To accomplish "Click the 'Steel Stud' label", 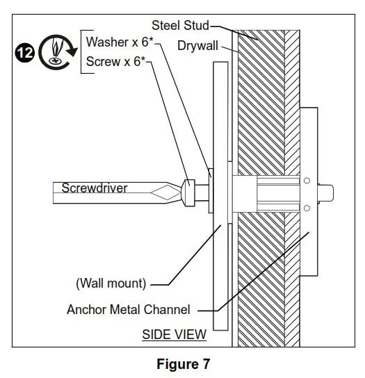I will pyautogui.click(x=180, y=26).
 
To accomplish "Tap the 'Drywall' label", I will pyautogui.click(x=197, y=46).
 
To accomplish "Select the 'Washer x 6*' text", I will pyautogui.click(x=117, y=42).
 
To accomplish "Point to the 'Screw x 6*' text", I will pyautogui.click(x=115, y=62).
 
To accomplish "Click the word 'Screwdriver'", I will pyautogui.click(x=94, y=188).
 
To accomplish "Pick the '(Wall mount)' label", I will pyautogui.click(x=111, y=283).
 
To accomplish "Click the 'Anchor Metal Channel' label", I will pyautogui.click(x=128, y=309).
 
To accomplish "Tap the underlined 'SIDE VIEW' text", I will pyautogui.click(x=174, y=334).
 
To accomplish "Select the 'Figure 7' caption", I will pyautogui.click(x=183, y=363).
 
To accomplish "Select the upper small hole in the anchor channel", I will pyautogui.click(x=306, y=181).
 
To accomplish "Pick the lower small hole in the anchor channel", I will pyautogui.click(x=306, y=206).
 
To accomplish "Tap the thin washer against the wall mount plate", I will pyautogui.click(x=209, y=190).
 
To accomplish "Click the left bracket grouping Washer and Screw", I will pyautogui.click(x=82, y=52).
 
